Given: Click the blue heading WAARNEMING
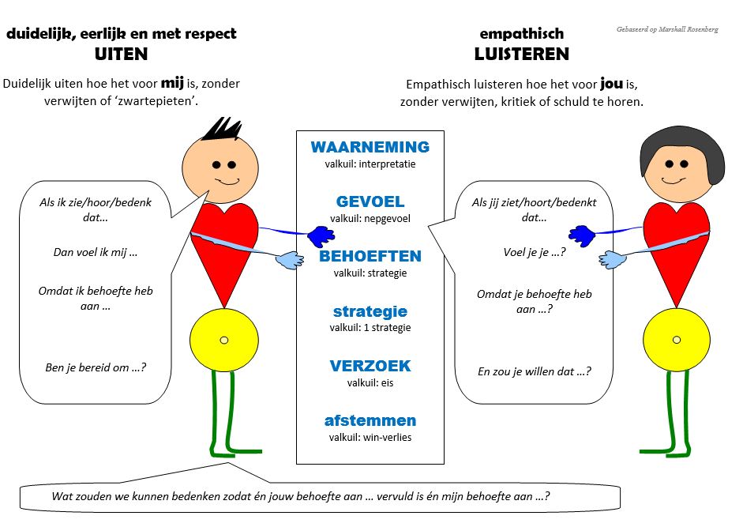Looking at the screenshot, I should tap(370, 148).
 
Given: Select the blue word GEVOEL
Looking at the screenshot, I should tap(370, 202).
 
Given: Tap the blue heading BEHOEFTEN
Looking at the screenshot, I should tap(370, 257).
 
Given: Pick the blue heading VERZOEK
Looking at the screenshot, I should tap(370, 367).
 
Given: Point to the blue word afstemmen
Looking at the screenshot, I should tap(370, 421).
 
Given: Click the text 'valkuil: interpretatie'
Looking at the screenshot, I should tap(370, 164).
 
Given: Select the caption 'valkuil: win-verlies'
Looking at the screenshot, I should tap(370, 437).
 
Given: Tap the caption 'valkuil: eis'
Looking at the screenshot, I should tap(370, 382).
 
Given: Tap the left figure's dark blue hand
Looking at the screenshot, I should tap(320, 235).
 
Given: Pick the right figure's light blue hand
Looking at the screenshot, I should tap(612, 260).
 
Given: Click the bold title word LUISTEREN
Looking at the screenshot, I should tap(521, 55).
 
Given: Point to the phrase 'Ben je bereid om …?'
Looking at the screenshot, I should tap(96, 367).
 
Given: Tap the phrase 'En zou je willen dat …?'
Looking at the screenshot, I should tap(534, 371).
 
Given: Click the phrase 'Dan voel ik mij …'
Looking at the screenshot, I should tap(89, 253).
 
